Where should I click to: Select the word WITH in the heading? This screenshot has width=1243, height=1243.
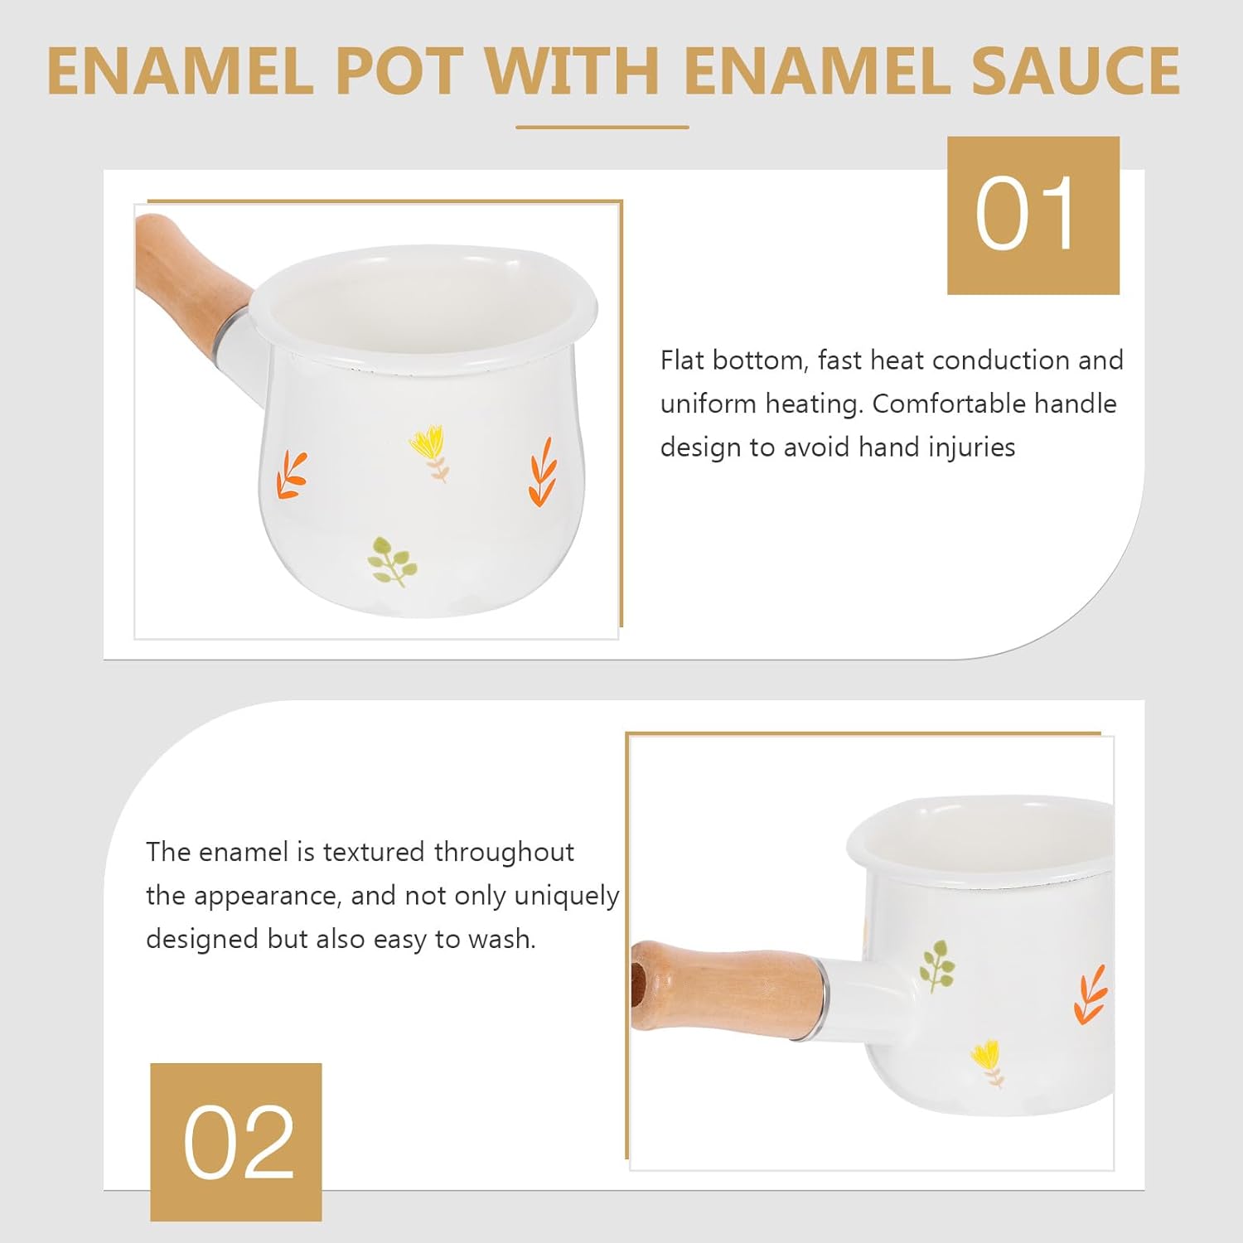coord(572,71)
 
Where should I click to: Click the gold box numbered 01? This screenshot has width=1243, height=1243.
coord(1033,215)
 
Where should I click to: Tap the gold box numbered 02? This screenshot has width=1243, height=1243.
coord(236,1141)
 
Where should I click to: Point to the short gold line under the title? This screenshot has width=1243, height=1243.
coord(602,128)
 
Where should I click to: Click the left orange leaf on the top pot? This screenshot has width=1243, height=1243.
coord(292,476)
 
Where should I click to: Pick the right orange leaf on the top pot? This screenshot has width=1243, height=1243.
coord(542,472)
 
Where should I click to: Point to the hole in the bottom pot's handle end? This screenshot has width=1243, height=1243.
coord(638,985)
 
